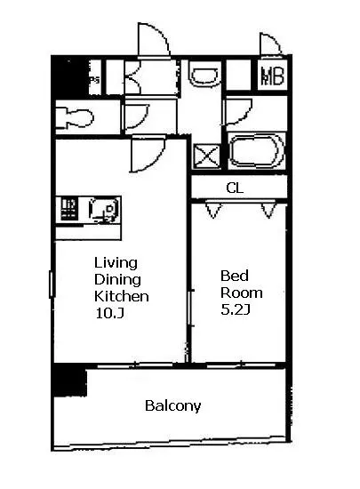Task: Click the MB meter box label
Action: tap(273, 76)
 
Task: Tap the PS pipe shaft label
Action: tap(94, 80)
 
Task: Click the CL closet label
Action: tap(235, 188)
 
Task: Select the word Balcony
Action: tap(173, 406)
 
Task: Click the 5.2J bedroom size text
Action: tap(236, 309)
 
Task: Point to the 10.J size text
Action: tap(110, 314)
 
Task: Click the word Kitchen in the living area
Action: tap(122, 296)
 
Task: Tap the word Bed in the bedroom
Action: tap(235, 276)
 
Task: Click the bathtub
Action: tap(257, 151)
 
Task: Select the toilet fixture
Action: tap(75, 117)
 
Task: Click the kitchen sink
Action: tap(104, 209)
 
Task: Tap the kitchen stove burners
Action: tap(68, 209)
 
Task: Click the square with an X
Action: tap(207, 156)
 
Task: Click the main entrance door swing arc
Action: tap(154, 40)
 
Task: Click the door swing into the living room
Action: tap(148, 155)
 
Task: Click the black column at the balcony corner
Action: tap(70, 381)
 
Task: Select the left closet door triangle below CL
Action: tap(213, 211)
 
